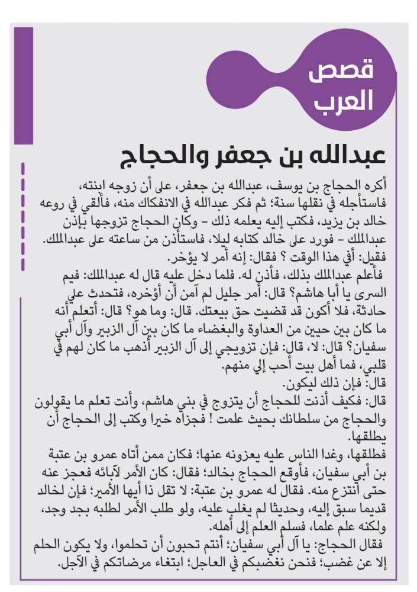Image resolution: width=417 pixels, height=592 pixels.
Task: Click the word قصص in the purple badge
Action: [x=341, y=73]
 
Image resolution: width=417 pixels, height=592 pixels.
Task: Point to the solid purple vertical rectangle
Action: [x=24, y=86]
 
